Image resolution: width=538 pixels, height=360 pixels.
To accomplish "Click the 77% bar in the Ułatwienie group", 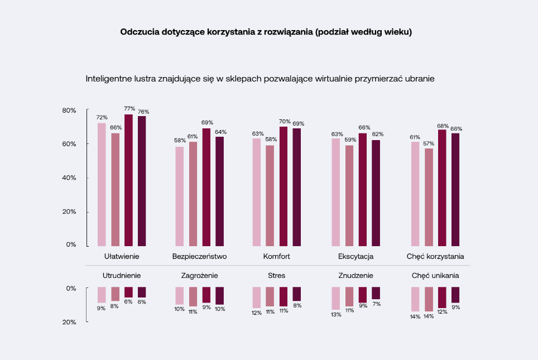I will (128, 180).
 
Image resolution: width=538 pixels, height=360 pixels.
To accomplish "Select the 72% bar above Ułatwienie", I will (102, 184).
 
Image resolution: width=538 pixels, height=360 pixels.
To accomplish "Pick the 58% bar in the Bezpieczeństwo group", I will (180, 196).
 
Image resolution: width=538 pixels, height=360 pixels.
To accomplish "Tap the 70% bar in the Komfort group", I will (284, 186).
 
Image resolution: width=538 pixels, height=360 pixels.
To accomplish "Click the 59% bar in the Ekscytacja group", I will (349, 195).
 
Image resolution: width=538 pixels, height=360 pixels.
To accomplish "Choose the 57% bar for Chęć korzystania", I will (429, 197).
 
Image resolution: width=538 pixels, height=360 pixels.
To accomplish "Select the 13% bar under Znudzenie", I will (335, 298).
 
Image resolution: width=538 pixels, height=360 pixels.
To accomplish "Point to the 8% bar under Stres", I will (297, 294).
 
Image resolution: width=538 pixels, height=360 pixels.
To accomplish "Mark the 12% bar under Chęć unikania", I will (442, 297).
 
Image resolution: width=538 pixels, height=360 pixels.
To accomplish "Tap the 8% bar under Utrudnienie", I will (115, 294).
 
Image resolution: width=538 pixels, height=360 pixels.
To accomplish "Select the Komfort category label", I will (276, 257).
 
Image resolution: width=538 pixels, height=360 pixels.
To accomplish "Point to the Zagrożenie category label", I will (199, 275).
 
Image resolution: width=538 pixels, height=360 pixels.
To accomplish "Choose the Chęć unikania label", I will (435, 275).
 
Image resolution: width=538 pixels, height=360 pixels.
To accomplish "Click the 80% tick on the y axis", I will (69, 111).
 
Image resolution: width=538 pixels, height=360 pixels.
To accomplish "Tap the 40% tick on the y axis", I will (69, 178).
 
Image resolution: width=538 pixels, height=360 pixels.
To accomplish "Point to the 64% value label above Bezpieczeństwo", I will (220, 132).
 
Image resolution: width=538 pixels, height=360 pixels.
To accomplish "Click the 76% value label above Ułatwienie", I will (143, 111).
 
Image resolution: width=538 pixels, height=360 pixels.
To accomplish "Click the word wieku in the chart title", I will (397, 32).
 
